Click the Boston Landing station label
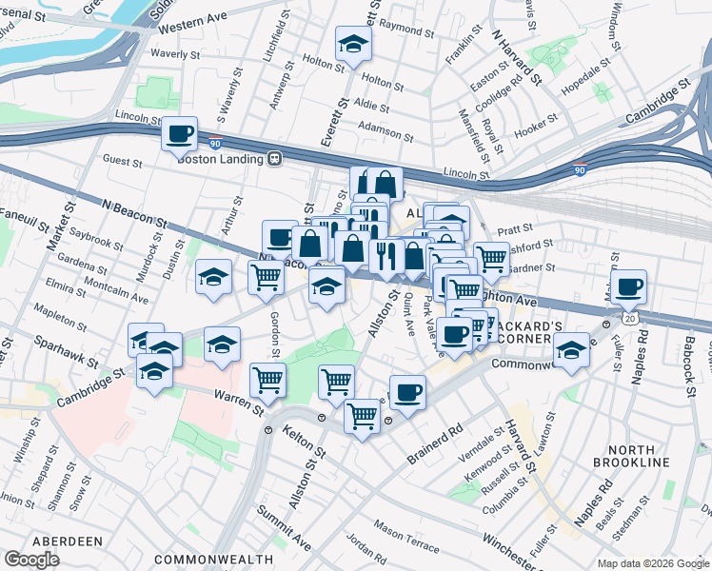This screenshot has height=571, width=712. click(219, 159)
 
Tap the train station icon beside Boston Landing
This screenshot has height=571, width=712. click(274, 159)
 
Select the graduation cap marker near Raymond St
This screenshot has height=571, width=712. click(353, 44)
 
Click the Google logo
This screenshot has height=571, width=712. click(31, 559)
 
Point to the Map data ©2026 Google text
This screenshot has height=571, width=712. click(652, 563)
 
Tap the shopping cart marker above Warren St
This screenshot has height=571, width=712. click(268, 381)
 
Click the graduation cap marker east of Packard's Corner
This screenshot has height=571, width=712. click(570, 351)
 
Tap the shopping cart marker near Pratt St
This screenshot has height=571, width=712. click(491, 257)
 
